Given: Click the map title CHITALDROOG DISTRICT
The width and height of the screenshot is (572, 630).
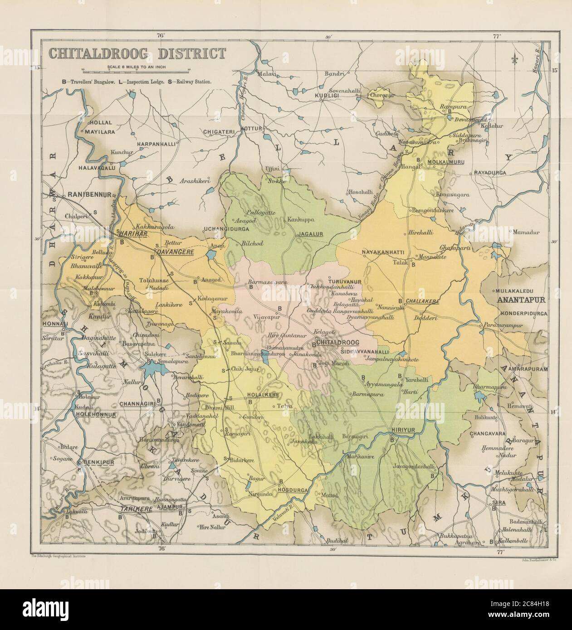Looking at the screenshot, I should coord(137,53).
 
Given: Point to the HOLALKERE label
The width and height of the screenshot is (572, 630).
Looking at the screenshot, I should coord(263,395).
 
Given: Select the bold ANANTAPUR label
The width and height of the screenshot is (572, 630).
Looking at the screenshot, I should coord(523,300).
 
